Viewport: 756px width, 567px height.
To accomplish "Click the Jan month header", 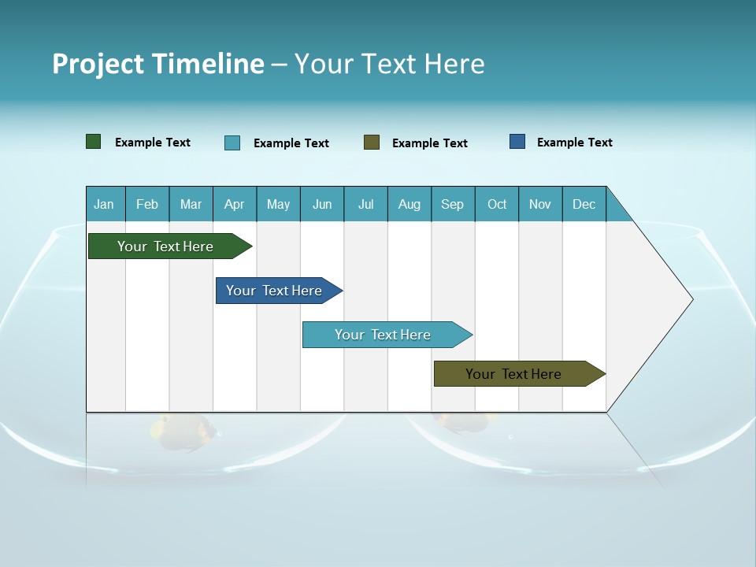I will pyautogui.click(x=105, y=204).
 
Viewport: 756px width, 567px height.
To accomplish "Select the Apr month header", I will pyautogui.click(x=235, y=204).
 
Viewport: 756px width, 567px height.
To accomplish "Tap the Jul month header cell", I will pyautogui.click(x=365, y=204).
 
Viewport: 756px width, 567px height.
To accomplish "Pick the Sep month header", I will pyautogui.click(x=453, y=204).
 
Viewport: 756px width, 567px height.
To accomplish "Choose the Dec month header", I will pyautogui.click(x=584, y=204).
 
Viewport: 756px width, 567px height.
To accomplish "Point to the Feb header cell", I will pyautogui.click(x=147, y=204).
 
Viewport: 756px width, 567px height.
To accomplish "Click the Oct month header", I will pyautogui.click(x=497, y=204).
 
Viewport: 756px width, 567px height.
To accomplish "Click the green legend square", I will pyautogui.click(x=94, y=142).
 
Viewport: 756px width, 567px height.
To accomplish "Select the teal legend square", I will pyautogui.click(x=232, y=143).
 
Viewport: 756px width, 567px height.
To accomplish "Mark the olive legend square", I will pyautogui.click(x=372, y=143).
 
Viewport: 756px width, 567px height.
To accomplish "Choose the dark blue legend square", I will pyautogui.click(x=517, y=142).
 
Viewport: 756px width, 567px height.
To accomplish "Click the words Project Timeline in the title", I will pyautogui.click(x=158, y=64).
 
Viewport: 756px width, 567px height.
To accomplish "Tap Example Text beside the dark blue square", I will pyautogui.click(x=574, y=143).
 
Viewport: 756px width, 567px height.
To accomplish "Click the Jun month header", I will pyautogui.click(x=322, y=204).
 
